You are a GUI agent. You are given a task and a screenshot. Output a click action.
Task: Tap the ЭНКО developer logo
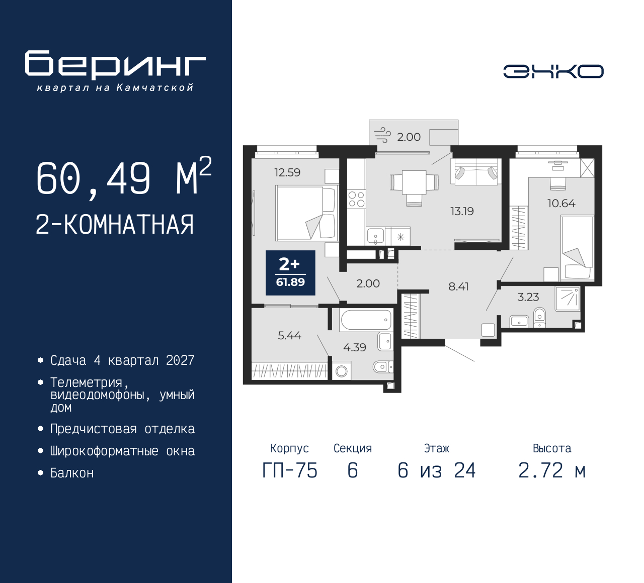[x=553, y=71]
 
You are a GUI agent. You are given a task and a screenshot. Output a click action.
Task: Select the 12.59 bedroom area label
[x=287, y=172]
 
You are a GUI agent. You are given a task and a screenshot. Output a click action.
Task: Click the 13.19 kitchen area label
[x=462, y=211]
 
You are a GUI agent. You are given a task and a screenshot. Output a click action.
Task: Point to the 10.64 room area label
[x=561, y=204]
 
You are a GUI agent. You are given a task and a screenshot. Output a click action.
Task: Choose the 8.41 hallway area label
[x=458, y=286]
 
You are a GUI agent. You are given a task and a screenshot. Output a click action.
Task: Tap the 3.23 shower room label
[x=528, y=297]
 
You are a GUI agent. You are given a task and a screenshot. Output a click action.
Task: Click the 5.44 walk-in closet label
[x=289, y=335]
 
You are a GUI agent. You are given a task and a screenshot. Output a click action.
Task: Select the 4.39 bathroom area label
[x=354, y=347]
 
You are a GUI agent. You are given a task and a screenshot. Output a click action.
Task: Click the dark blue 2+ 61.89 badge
[x=290, y=272]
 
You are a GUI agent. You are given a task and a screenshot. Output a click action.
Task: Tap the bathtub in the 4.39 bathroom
[x=366, y=320]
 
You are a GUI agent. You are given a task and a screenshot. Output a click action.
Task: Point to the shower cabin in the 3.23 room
[x=568, y=299]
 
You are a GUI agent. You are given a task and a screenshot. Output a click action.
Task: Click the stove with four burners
[x=357, y=199]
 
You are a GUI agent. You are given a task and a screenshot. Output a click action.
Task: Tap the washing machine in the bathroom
[x=341, y=371]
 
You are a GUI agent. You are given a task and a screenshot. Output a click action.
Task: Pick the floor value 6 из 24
[x=436, y=471]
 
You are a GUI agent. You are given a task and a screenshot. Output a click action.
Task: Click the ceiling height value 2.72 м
[x=552, y=471]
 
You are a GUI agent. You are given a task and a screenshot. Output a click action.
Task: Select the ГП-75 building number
[x=290, y=471]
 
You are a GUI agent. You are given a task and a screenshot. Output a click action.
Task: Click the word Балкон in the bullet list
[x=72, y=473]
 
